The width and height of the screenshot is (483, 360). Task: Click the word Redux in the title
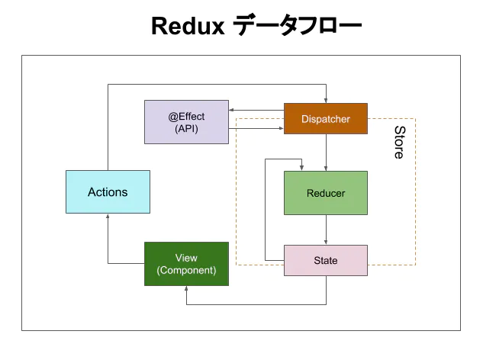point(187,27)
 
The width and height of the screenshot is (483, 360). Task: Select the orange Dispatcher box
point(326,119)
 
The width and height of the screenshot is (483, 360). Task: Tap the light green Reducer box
point(326,192)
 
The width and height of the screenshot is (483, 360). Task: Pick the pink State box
point(326,260)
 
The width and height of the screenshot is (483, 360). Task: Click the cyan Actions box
point(108,191)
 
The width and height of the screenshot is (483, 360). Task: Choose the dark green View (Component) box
point(186,263)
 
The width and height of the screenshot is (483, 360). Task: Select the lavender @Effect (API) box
point(186,122)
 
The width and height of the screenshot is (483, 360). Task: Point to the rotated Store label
point(398,143)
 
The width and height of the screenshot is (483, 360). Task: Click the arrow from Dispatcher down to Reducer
point(327,153)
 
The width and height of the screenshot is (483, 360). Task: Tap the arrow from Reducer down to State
point(327,229)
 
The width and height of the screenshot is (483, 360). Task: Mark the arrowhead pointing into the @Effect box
point(232,112)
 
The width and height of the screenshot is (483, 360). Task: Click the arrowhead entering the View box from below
point(186,289)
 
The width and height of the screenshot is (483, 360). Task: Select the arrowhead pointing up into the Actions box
point(108,217)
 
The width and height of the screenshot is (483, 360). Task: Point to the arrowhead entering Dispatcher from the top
point(327,99)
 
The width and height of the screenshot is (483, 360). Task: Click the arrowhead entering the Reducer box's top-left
point(302,167)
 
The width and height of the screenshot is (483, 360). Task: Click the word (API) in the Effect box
point(186,129)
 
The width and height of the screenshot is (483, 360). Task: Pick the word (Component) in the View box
point(186,270)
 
